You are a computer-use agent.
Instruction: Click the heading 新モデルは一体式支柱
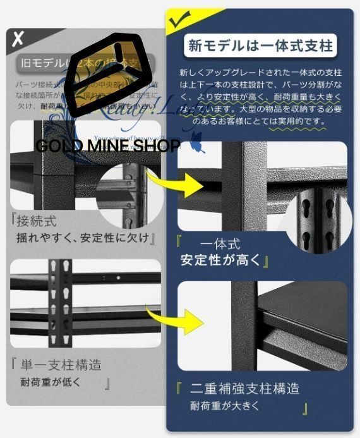260,46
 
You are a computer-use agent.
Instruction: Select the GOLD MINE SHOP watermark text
107,146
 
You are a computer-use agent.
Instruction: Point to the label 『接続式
35,222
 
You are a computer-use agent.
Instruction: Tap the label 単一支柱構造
60,365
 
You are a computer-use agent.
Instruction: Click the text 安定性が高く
220,260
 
